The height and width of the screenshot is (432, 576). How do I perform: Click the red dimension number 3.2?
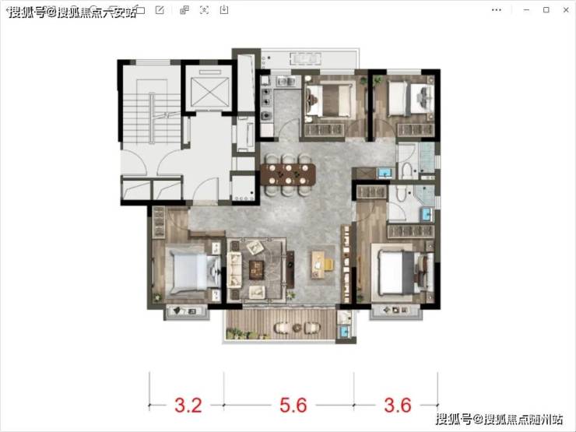(188, 406)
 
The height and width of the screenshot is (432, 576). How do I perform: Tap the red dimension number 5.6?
(293, 406)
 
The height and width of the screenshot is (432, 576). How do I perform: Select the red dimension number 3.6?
(398, 406)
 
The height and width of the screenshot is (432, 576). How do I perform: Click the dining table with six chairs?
(288, 174)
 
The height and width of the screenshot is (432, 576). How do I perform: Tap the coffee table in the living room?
(256, 269)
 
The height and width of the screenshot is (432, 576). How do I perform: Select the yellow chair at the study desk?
(328, 264)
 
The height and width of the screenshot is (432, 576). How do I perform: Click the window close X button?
(566, 10)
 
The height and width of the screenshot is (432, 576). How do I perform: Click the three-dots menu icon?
(497, 10)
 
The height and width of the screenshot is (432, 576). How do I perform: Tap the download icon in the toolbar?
(223, 10)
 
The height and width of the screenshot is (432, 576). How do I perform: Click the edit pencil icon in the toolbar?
(160, 10)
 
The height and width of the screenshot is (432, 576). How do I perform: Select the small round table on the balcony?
(297, 327)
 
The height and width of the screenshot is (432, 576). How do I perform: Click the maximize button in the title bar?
(546, 10)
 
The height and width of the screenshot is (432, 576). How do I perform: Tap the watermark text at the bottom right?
(500, 419)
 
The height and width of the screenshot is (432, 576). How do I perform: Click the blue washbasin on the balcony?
(345, 331)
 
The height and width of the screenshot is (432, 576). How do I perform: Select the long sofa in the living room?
(234, 270)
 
